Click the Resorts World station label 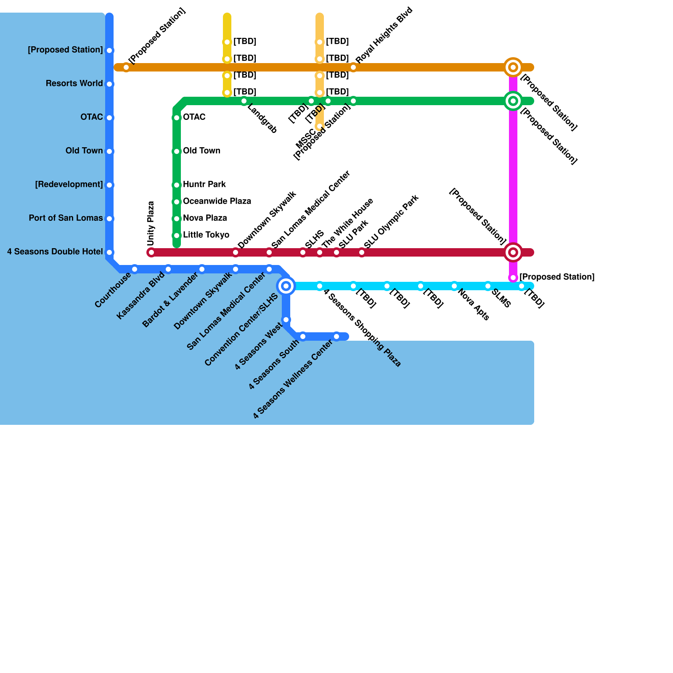point(74,83)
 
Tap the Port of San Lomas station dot point(109,219)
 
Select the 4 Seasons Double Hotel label point(55,252)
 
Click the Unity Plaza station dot point(151,252)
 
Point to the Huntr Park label point(204,184)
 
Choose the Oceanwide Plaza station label point(217,201)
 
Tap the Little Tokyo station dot point(177,236)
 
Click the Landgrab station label point(262,119)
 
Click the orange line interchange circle point(513,67)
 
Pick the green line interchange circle point(513,101)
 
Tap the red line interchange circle point(513,252)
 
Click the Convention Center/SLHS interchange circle point(286,286)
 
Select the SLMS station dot point(488,286)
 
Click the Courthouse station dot point(135,269)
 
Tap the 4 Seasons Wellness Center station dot point(336,336)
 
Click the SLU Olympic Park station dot point(362,252)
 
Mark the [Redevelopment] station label point(69,184)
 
